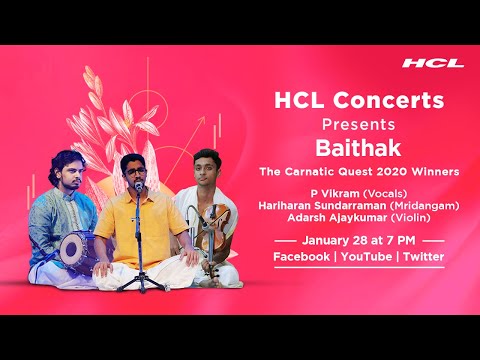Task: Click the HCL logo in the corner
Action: point(433,63)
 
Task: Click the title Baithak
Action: point(343,150)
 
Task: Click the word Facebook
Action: point(302,257)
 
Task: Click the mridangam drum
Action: point(73,247)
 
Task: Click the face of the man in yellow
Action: point(133,174)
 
